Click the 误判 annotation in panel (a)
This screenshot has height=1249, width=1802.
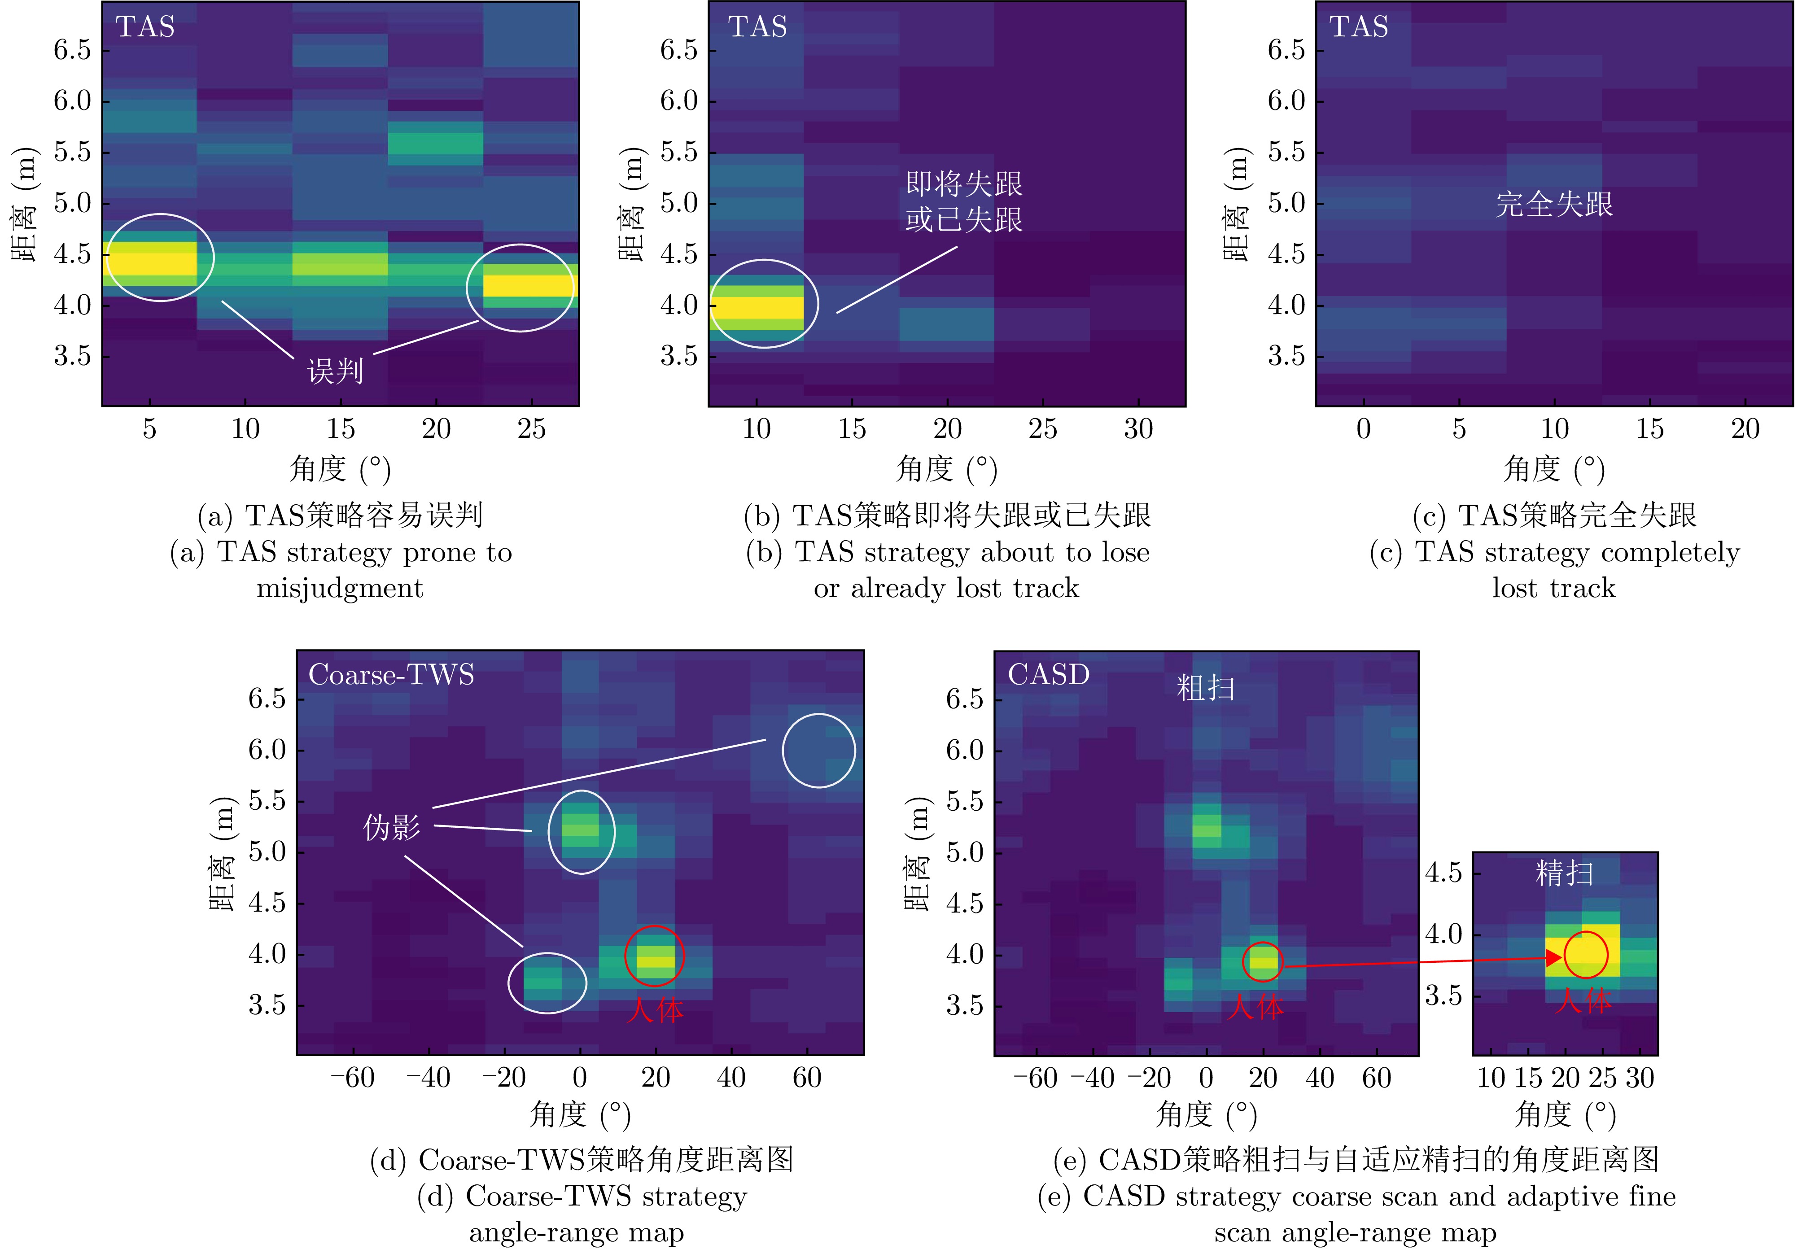coord(335,370)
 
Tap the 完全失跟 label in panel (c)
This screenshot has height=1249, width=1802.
coord(1554,204)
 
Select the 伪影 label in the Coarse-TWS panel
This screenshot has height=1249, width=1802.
coord(391,827)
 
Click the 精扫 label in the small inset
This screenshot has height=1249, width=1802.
coord(1564,873)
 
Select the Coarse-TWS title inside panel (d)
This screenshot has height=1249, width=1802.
coord(391,675)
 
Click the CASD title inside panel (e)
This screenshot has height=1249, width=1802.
coord(1048,675)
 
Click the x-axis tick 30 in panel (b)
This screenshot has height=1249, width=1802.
coord(1138,429)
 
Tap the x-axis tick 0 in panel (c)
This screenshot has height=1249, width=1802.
coord(1364,429)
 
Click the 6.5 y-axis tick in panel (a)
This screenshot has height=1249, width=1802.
coord(72,50)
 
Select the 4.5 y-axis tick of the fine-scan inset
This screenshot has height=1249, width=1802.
coord(1443,872)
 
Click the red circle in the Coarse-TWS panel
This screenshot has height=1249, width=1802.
coord(654,956)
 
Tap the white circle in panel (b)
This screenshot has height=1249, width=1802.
coord(763,304)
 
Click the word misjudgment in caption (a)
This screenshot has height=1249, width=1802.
coord(340,588)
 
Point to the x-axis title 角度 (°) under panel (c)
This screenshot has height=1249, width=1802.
coord(1554,470)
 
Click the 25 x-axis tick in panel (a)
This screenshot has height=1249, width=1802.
coord(532,429)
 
